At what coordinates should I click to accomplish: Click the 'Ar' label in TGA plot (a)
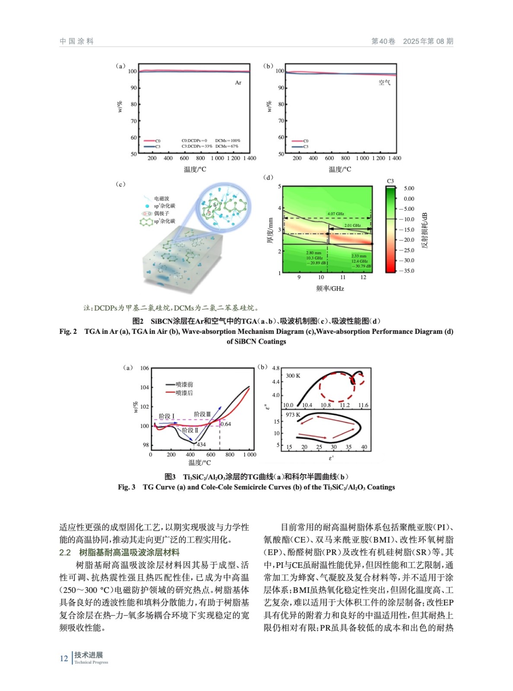[238, 82]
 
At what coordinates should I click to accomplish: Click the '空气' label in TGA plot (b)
[384, 82]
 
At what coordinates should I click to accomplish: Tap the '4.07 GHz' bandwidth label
[335, 214]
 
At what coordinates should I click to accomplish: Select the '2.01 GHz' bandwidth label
[352, 225]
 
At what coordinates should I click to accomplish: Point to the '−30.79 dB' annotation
[361, 266]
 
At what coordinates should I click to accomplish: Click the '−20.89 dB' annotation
[316, 263]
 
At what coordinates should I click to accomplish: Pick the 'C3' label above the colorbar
[390, 181]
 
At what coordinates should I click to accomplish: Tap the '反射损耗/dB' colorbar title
[424, 230]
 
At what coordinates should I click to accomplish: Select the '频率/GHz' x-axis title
[330, 288]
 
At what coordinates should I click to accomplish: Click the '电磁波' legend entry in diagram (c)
[162, 199]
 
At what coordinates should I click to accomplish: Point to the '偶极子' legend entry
[162, 213]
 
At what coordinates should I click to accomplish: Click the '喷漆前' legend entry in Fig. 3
[184, 384]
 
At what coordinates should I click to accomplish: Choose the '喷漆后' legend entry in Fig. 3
[184, 393]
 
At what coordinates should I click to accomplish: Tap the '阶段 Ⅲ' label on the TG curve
[202, 414]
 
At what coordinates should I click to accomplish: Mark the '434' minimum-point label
[201, 444]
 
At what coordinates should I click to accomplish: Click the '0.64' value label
[226, 424]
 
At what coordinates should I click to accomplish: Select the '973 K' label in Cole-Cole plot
[293, 415]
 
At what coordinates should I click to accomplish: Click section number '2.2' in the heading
[65, 552]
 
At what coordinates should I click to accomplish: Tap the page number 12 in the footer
[64, 658]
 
